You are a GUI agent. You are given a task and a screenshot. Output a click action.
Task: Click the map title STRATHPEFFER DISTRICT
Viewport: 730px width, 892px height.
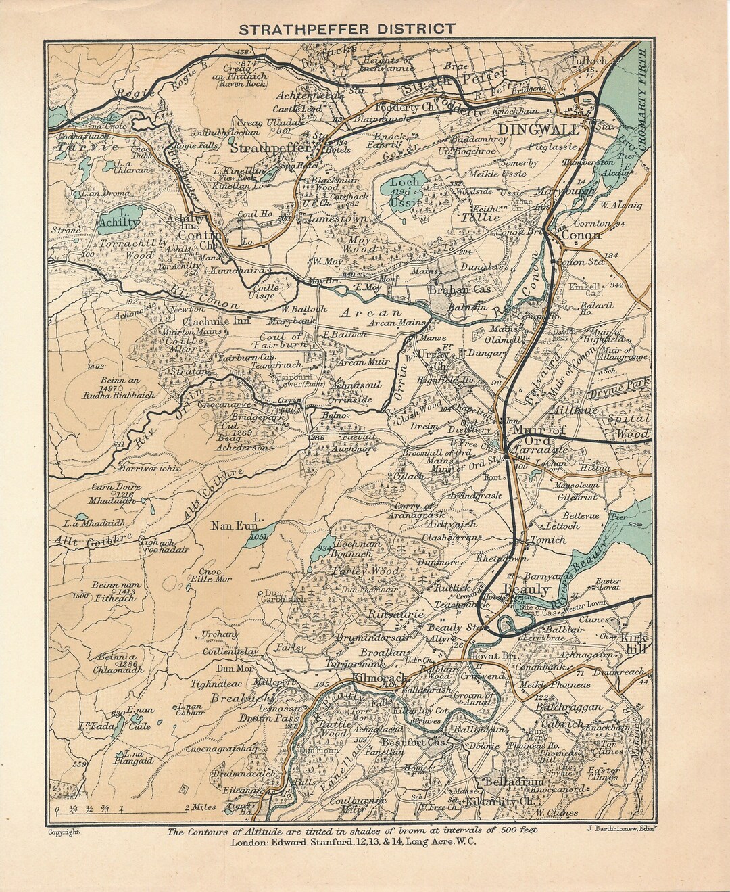tap(344, 29)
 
